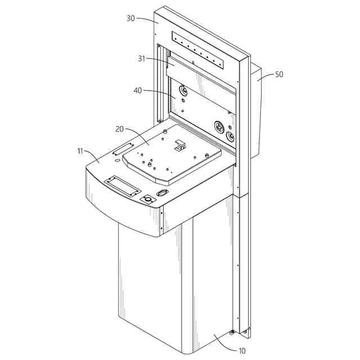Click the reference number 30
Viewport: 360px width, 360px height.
(130, 19)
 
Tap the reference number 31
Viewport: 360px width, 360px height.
(142, 58)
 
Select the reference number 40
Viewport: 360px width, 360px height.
(138, 91)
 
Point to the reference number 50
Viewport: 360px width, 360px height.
(279, 74)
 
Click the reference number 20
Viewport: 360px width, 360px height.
(119, 129)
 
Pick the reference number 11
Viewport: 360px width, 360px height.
(80, 151)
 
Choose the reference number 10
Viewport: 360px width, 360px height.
(242, 350)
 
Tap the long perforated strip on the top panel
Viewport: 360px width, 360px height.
(197, 50)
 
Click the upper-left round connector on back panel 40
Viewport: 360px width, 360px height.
(183, 90)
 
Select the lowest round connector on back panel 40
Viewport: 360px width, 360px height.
(230, 137)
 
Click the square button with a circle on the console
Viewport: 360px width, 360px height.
(148, 199)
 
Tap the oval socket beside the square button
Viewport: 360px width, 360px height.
(163, 193)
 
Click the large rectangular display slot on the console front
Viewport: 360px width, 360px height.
(122, 186)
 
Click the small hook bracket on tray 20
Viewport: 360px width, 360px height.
(180, 145)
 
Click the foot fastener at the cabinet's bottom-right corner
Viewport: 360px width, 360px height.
(232, 332)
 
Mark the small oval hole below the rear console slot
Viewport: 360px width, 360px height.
(116, 160)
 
